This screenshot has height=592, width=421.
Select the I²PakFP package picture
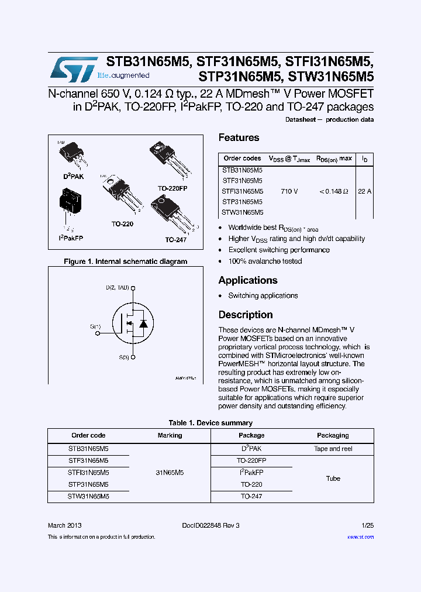71,206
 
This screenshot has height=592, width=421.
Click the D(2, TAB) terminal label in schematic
118,288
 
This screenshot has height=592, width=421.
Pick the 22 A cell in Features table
364,191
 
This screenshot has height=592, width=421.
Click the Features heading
239,137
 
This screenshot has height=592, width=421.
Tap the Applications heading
248,280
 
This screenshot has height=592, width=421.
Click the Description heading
246,315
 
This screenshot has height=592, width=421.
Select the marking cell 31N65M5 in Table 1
170,473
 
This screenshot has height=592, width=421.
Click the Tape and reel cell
333,449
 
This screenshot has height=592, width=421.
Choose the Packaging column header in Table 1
333,435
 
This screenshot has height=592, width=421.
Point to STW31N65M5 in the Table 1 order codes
88,496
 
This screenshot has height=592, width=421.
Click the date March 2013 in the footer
65,525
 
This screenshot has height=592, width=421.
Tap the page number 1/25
367,525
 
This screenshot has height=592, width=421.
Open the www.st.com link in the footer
360,537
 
